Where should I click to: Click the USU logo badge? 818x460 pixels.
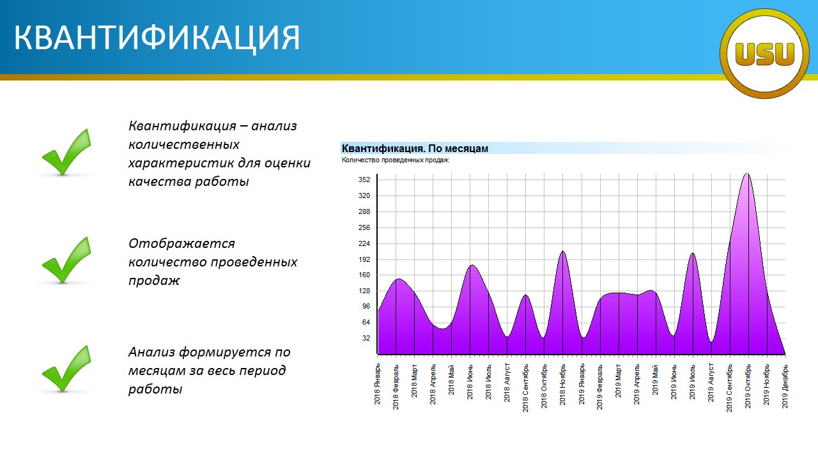point(764,54)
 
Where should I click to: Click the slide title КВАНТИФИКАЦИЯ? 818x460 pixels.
point(157,38)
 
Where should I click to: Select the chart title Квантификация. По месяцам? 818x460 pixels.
point(415,149)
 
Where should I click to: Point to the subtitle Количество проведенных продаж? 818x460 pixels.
point(395,160)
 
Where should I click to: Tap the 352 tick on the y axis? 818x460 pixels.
point(364,180)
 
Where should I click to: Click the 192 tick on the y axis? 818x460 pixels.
point(364,259)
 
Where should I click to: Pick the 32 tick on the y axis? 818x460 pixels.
point(366,338)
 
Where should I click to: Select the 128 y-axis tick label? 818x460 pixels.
point(364,291)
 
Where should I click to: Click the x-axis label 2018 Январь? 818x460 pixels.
point(377,384)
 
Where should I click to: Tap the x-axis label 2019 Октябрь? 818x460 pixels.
point(748,386)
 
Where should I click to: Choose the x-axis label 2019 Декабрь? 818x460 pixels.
point(785,387)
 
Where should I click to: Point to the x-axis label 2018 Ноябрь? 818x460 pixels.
point(562,385)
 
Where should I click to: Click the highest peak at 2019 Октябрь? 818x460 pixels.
point(747,174)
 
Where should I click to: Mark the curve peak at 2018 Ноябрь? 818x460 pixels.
point(563,251)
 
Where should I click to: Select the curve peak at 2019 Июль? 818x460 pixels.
point(692,254)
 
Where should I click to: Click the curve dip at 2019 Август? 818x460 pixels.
point(711,342)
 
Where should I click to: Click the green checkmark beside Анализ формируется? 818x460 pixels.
point(66,369)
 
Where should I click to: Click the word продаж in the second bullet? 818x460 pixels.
point(154,280)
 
